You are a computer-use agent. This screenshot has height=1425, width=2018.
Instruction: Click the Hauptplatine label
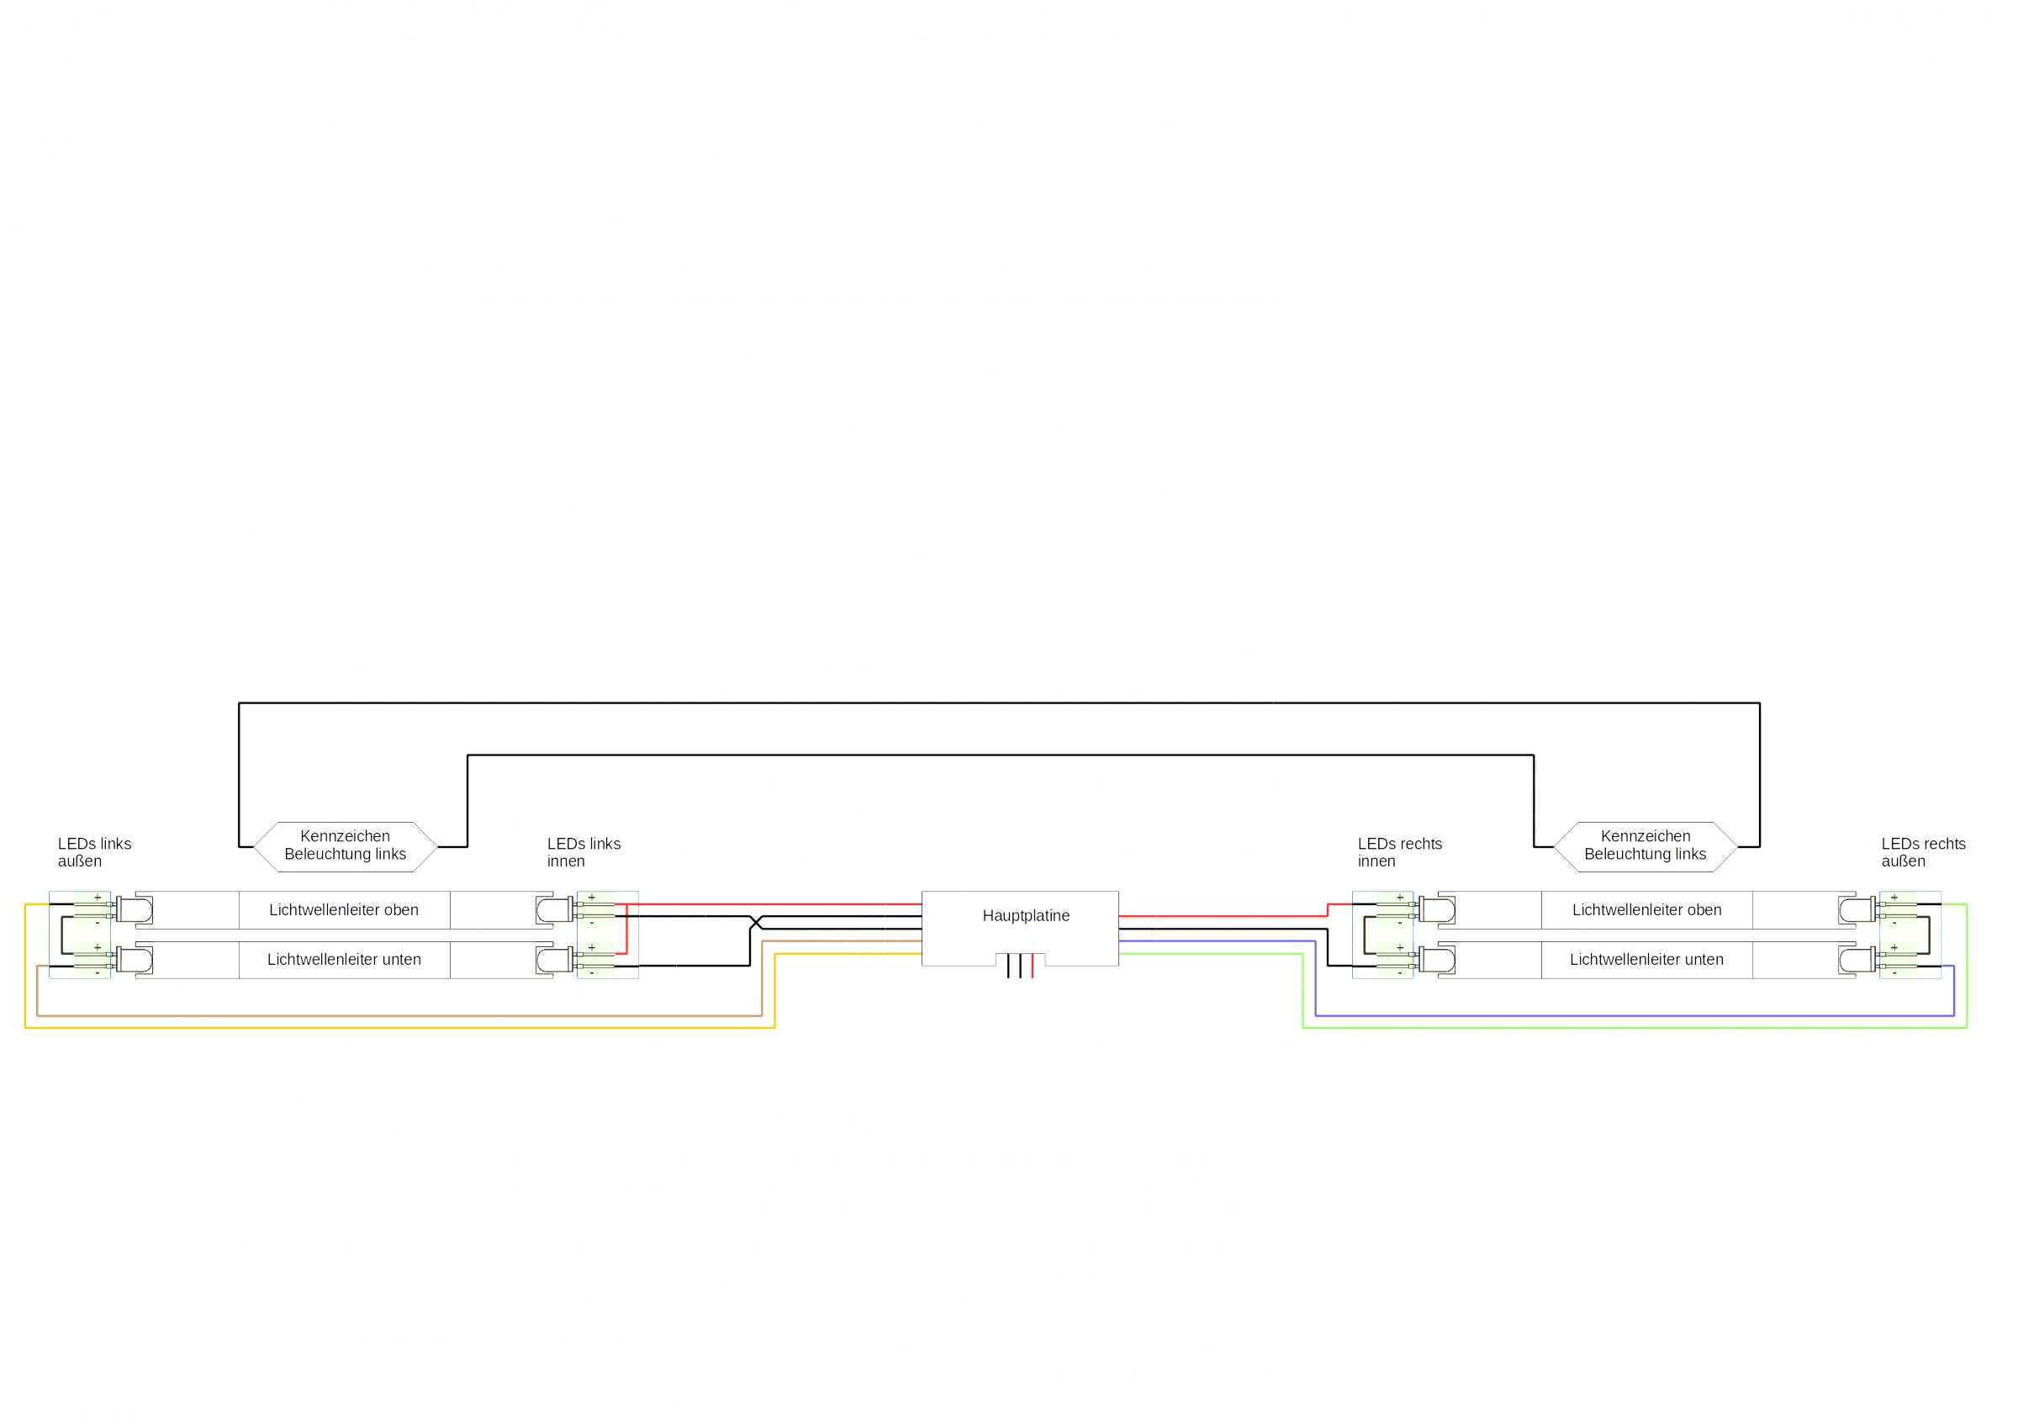[1026, 916]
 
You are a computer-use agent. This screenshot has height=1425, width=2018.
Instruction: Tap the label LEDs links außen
[94, 853]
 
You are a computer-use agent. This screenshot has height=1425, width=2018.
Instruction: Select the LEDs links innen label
[584, 853]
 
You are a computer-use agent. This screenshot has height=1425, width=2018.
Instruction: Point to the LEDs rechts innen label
[1400, 853]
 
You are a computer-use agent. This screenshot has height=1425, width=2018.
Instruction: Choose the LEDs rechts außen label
[1924, 853]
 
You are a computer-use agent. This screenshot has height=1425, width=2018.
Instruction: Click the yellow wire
[400, 1028]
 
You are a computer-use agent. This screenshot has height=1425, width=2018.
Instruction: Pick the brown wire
[400, 1015]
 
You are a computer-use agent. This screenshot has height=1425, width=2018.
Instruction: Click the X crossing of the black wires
[756, 922]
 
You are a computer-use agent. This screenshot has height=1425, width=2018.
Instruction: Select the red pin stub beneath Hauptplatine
[1032, 965]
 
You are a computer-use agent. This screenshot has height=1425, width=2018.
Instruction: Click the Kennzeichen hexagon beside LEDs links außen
[346, 846]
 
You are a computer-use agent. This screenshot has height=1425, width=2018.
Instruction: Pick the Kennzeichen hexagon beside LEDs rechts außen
[1646, 846]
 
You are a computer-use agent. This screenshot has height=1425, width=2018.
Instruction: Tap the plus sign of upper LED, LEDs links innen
[591, 898]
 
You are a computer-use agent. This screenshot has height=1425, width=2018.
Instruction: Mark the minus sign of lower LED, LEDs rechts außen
[1894, 973]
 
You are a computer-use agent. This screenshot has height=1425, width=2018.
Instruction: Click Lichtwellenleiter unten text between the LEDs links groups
[344, 960]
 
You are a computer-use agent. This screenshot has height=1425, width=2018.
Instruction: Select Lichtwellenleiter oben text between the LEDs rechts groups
[1646, 910]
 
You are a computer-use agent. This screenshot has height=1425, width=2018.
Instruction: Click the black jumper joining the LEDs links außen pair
[61, 935]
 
